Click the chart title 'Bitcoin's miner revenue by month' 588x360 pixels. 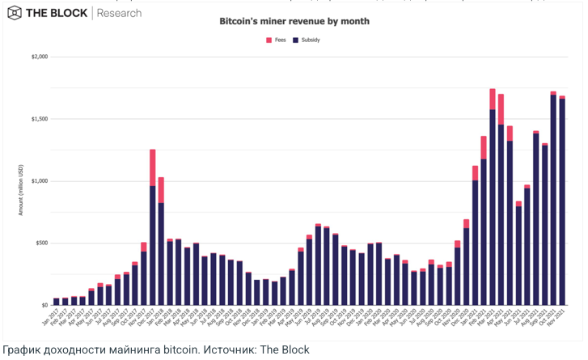point(294,22)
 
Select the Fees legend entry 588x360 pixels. point(275,39)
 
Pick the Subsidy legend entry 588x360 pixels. point(306,39)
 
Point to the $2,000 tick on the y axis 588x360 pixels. point(40,57)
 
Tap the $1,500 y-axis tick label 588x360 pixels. point(40,119)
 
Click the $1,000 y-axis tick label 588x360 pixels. point(40,181)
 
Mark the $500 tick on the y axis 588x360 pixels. point(41,243)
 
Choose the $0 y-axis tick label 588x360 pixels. point(44,305)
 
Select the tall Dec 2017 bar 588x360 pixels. point(152,243)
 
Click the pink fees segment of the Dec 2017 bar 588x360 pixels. point(152,167)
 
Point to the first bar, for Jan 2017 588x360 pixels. point(56,302)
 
